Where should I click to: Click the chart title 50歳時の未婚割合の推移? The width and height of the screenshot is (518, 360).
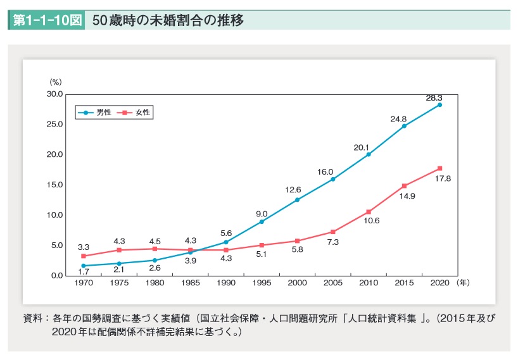point(167,20)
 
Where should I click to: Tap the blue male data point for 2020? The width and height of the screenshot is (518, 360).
point(439,105)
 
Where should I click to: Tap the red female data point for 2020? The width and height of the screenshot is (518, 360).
point(439,168)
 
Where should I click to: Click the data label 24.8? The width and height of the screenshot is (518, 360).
point(398,118)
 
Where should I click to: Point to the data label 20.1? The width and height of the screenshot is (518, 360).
point(361,147)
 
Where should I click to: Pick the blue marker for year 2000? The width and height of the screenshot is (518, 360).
point(297,200)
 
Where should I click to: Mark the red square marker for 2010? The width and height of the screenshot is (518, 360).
point(369,212)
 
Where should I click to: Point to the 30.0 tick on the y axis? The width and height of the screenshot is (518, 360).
point(55,94)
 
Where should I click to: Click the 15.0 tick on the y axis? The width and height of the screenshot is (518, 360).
point(55,185)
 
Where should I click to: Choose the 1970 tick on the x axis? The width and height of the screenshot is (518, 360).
point(83,283)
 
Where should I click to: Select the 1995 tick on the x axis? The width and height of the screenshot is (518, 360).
point(262,283)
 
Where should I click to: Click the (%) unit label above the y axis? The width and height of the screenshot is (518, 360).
point(56,82)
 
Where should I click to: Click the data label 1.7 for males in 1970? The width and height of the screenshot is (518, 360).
point(83,271)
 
